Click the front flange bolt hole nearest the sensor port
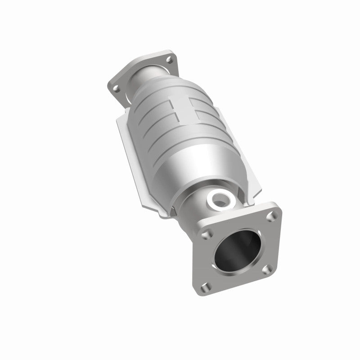coord(206,234)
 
